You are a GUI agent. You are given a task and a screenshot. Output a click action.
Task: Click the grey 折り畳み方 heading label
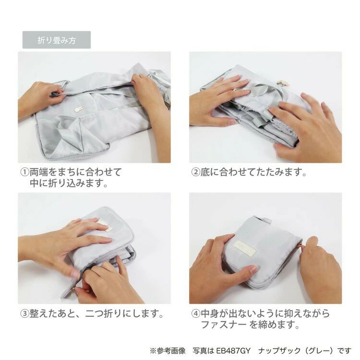[x=57, y=40]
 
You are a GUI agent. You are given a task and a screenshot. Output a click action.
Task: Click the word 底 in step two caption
[x=205, y=172]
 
